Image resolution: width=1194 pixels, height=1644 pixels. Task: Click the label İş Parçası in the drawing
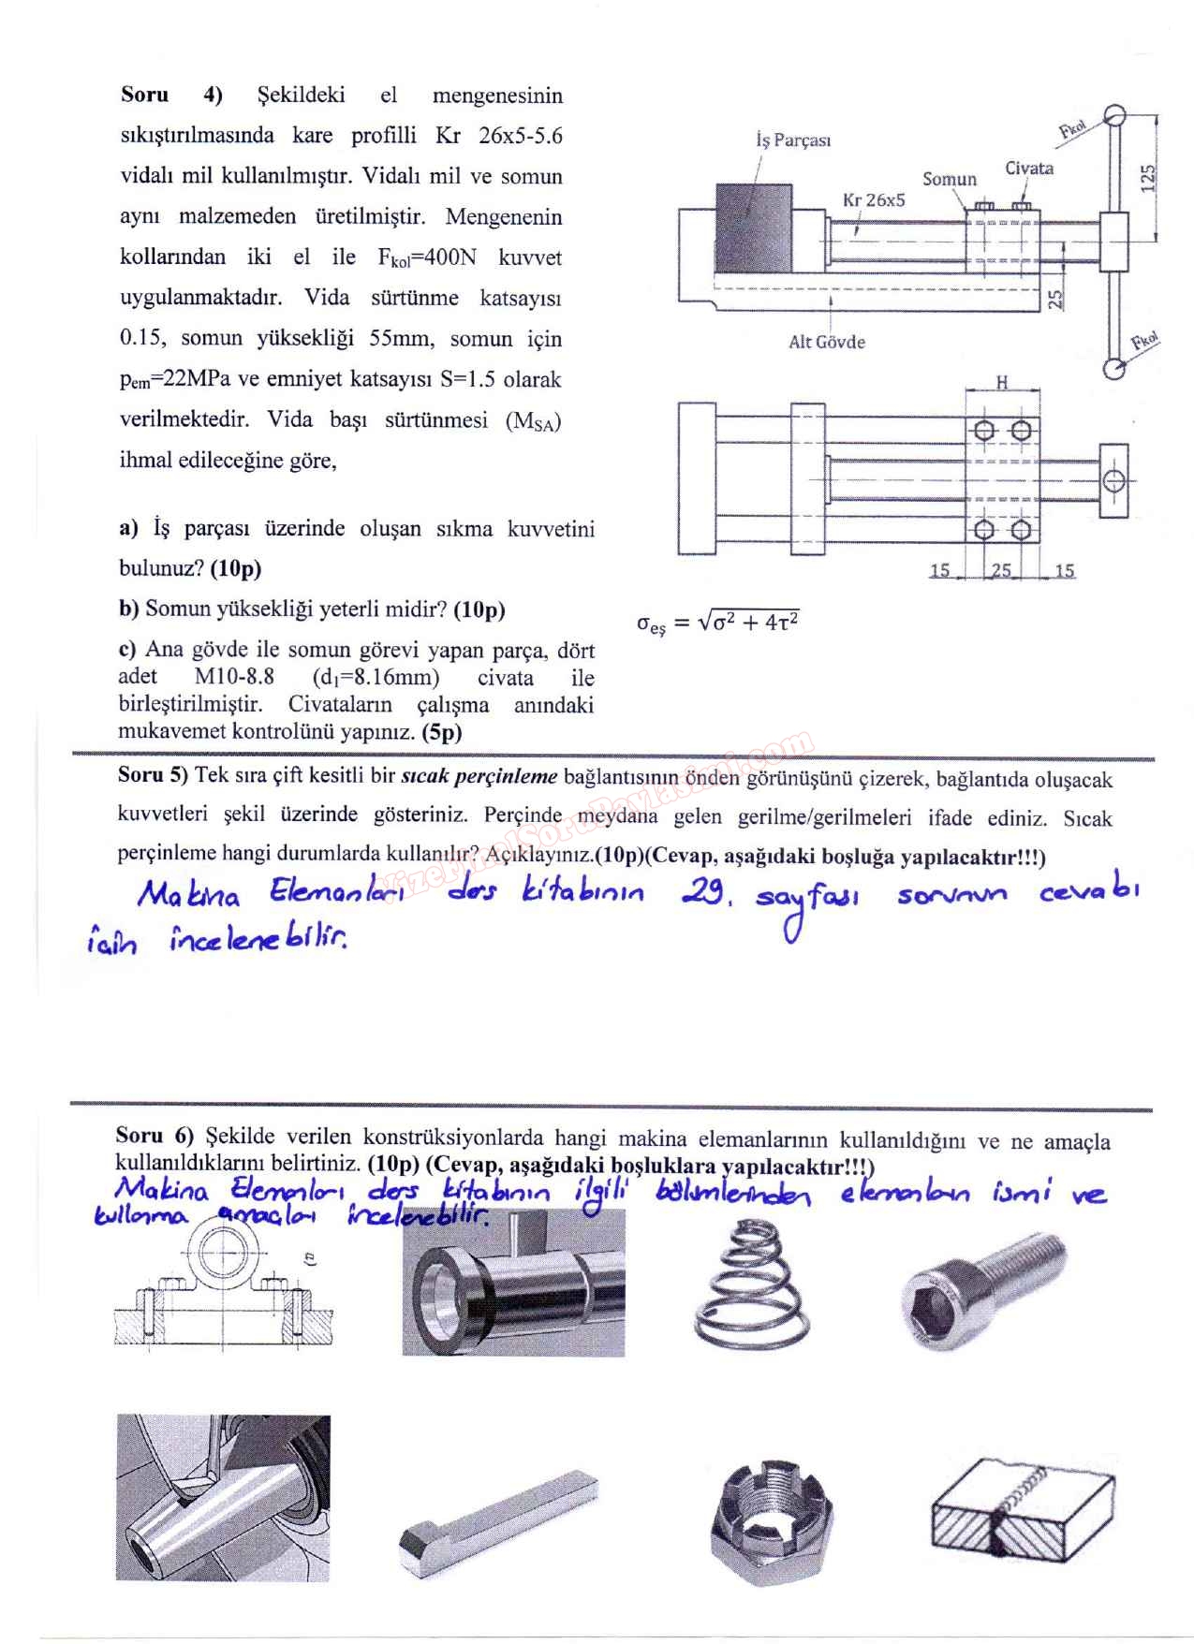[792, 140]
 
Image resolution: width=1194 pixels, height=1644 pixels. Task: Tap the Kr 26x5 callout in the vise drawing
[873, 199]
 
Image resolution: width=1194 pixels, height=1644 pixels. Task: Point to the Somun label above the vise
[949, 179]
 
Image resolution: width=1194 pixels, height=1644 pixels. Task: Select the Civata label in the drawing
[1028, 169]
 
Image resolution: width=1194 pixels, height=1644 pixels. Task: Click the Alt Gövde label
[826, 342]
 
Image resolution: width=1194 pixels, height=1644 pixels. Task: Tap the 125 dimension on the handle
[1149, 178]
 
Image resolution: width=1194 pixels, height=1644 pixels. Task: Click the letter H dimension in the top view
[1001, 382]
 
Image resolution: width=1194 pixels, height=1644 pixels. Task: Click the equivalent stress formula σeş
[717, 623]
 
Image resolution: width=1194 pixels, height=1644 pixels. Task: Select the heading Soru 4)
[171, 95]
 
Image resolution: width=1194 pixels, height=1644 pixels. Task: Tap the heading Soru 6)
[154, 1136]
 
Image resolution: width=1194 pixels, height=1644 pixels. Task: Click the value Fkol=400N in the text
[426, 257]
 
